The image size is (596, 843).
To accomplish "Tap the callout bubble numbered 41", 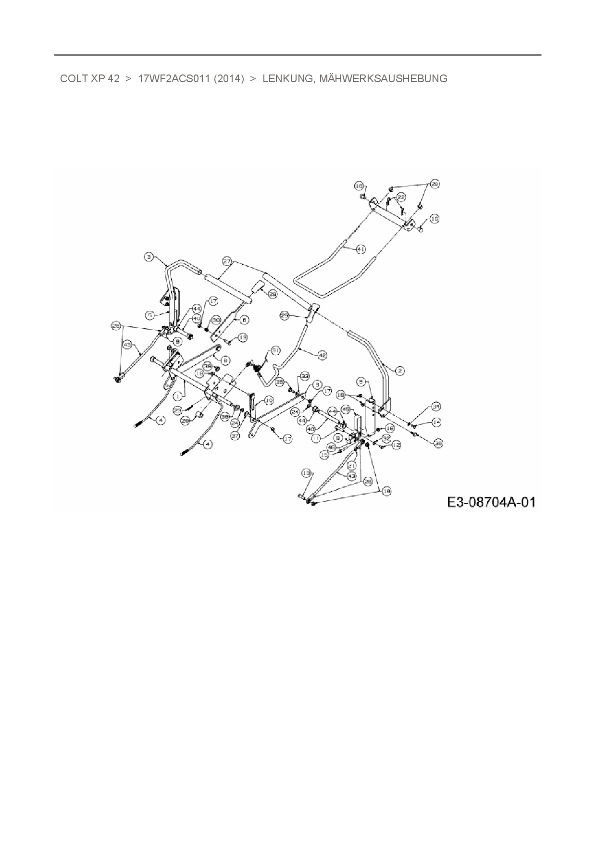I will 360,249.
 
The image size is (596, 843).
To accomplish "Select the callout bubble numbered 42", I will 322,355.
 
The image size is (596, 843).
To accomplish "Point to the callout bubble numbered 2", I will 400,371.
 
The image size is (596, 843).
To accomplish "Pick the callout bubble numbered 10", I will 268,400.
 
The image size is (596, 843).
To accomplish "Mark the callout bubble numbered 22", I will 401,197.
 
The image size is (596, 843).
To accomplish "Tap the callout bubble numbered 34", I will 435,407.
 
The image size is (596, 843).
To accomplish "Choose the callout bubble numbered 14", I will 436,422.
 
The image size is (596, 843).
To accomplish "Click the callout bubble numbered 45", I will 345,410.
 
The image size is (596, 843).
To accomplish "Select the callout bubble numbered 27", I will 227,261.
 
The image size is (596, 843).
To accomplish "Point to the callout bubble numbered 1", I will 177,397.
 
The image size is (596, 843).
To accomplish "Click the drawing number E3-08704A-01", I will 491,502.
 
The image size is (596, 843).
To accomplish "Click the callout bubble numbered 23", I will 178,410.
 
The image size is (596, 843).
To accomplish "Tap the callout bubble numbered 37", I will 235,436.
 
